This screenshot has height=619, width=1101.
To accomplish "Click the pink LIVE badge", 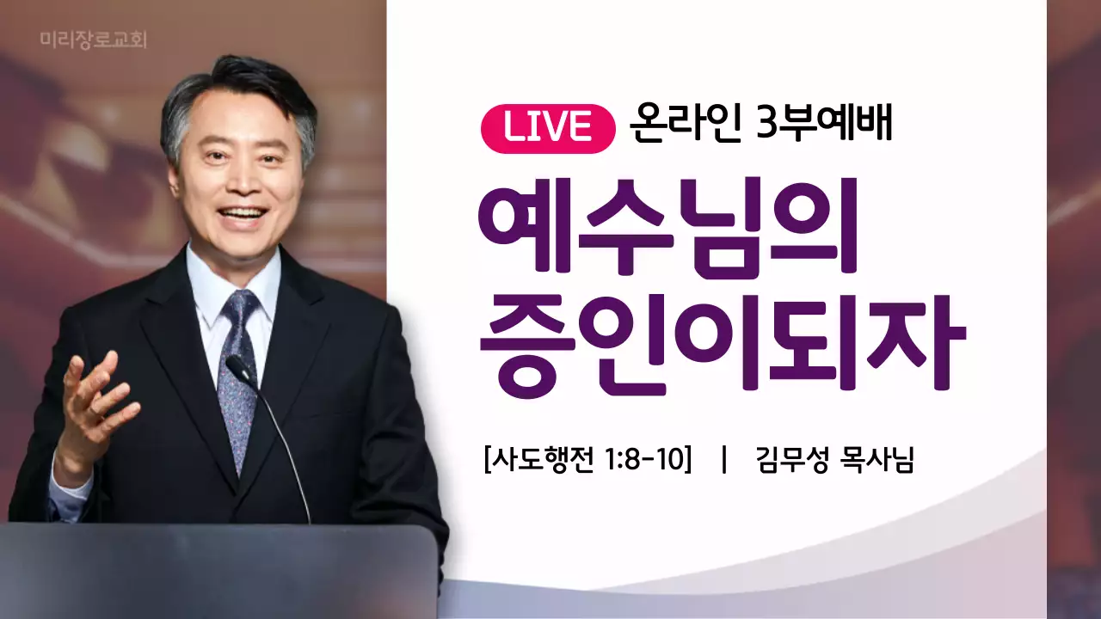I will [548, 127].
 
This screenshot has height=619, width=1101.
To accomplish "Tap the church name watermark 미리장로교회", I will [93, 40].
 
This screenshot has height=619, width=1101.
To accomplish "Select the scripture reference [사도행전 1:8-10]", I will [588, 461].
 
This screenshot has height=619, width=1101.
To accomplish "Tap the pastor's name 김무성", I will [791, 461].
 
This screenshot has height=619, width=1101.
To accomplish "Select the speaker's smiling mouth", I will [243, 214].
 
